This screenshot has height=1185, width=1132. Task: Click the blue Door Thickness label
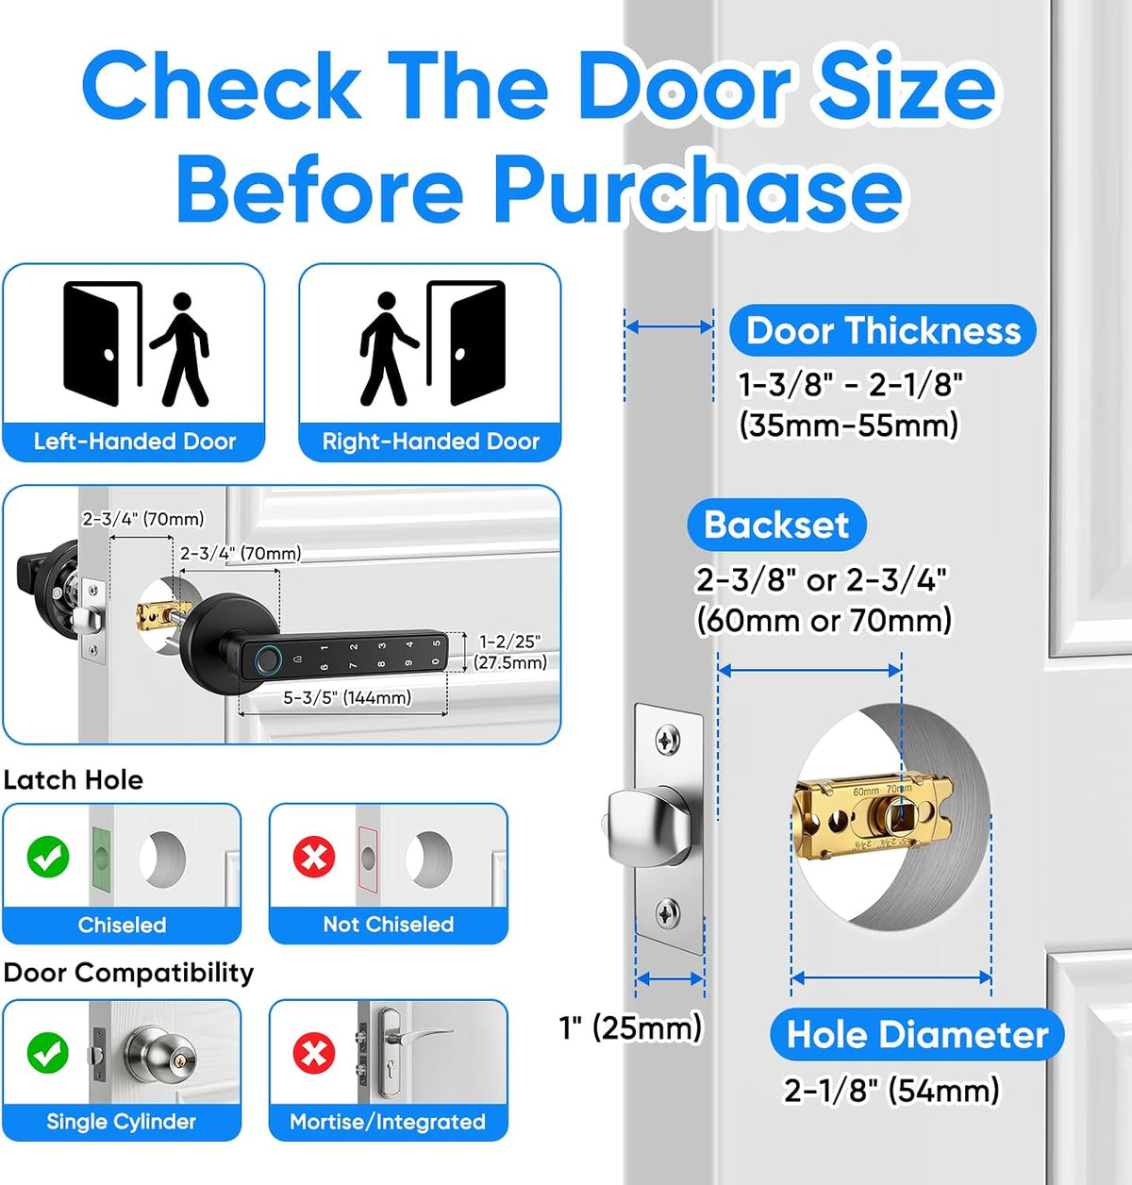click(882, 330)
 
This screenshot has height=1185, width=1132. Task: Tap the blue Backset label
click(776, 525)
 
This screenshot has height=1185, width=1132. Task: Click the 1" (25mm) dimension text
click(630, 1027)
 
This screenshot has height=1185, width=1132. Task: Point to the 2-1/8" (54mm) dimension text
click(891, 1090)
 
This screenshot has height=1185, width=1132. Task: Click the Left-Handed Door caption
click(135, 442)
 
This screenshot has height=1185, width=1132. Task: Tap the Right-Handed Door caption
click(430, 442)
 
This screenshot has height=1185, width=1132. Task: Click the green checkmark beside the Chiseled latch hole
click(48, 857)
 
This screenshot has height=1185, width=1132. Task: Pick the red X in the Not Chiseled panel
click(314, 857)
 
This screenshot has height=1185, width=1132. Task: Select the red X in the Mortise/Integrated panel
click(314, 1053)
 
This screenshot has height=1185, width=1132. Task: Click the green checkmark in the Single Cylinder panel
click(48, 1053)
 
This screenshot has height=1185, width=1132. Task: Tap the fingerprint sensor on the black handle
click(266, 659)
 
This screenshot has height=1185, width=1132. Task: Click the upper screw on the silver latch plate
click(668, 741)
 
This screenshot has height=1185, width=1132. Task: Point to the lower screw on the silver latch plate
click(668, 913)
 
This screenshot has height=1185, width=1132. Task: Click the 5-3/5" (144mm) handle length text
click(347, 698)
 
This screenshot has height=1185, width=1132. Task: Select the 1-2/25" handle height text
click(510, 642)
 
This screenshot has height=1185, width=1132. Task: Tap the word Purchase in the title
click(698, 190)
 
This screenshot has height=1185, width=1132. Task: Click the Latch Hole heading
click(73, 780)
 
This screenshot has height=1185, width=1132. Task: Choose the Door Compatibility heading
click(128, 973)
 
